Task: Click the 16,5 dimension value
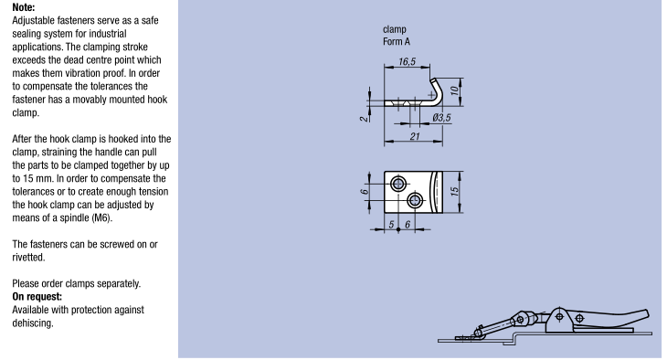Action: click(408, 62)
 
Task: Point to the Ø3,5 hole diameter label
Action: click(441, 118)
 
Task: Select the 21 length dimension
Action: click(415, 136)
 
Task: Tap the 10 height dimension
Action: click(454, 90)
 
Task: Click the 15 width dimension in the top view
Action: click(454, 192)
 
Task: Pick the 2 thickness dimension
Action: click(365, 118)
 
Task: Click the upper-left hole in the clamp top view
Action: click(398, 185)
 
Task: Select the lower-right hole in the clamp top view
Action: click(415, 200)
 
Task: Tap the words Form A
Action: click(397, 42)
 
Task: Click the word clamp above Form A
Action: click(395, 29)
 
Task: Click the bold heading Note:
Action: click(24, 7)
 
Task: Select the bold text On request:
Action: click(37, 297)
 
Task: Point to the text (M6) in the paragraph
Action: click(101, 217)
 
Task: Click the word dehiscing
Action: click(33, 323)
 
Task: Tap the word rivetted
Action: click(28, 258)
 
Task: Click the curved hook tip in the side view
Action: click(433, 80)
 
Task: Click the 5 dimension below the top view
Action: click(391, 225)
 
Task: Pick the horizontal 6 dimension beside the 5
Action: click(408, 225)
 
